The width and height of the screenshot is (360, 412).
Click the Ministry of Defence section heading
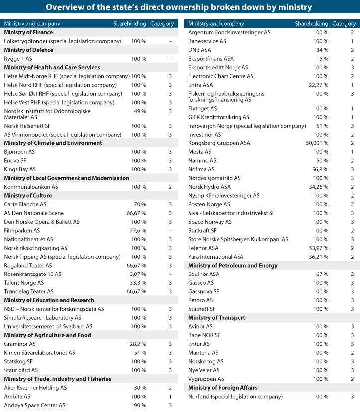pos(28,50)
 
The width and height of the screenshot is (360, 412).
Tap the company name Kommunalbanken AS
pos(31,187)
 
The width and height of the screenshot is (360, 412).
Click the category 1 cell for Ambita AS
pos(170,396)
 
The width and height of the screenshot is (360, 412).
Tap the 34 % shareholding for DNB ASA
pos(322,50)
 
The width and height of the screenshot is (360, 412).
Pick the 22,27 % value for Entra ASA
pos(319,85)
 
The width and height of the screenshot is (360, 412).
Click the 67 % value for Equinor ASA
pos(322,274)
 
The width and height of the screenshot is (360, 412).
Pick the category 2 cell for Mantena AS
pos(352,353)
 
